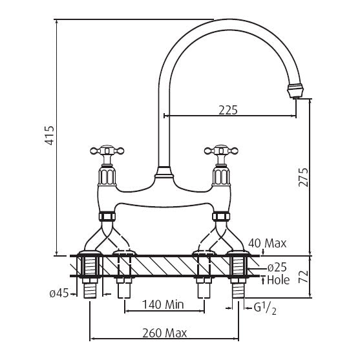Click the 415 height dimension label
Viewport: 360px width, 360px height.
pos(50,135)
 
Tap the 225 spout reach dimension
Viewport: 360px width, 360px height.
pos(228,110)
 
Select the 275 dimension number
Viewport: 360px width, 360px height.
pos(303,177)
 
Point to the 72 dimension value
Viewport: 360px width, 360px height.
pos(303,277)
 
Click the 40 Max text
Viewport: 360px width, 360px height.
pos(268,244)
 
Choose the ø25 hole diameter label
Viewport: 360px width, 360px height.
pos(277,267)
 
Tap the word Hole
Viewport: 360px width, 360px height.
pos(279,280)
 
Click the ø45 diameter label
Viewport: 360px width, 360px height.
pos(59,293)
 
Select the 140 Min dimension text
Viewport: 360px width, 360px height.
pos(163,304)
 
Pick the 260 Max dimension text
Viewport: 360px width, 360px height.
pos(165,333)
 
